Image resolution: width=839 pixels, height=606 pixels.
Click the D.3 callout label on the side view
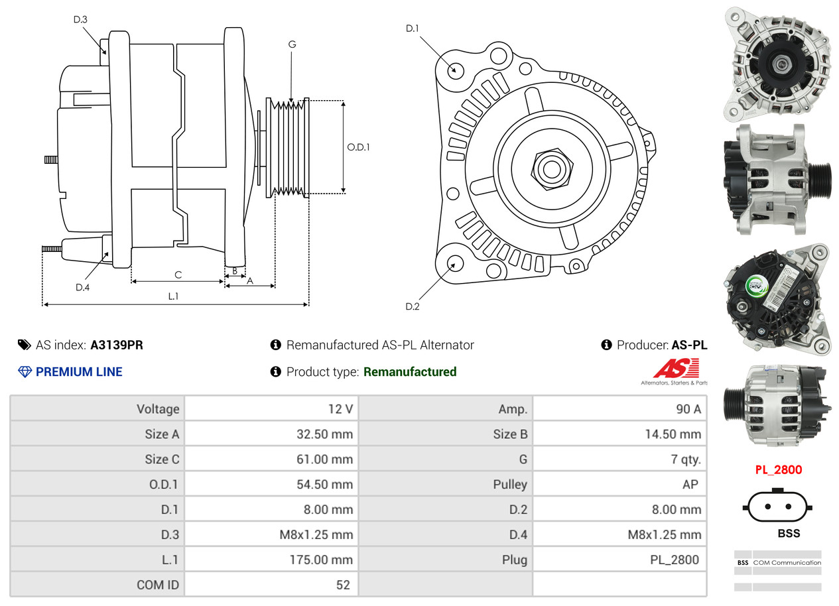[x=80, y=20]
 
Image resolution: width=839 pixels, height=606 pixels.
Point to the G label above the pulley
[x=292, y=44]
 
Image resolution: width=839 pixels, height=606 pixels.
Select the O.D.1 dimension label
[x=358, y=147]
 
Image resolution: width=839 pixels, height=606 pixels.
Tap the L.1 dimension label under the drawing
[x=172, y=296]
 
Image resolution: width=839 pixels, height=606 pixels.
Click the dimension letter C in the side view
[x=178, y=274]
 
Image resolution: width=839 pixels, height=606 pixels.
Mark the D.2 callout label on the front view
[x=413, y=306]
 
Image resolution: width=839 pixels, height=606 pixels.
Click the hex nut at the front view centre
[x=550, y=168]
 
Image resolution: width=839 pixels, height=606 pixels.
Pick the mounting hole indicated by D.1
[x=455, y=70]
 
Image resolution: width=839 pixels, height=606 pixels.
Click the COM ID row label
[x=158, y=585]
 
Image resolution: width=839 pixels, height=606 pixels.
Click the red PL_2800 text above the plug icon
[x=779, y=470]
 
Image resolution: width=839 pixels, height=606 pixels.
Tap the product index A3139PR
[x=117, y=345]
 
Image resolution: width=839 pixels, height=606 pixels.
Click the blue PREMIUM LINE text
[x=79, y=372]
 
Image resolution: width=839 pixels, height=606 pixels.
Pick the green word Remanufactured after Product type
[x=410, y=372]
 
